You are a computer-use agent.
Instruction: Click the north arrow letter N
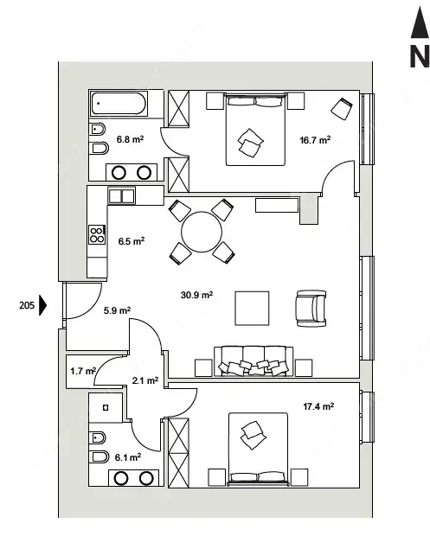click(x=420, y=56)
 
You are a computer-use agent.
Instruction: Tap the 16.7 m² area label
click(x=315, y=140)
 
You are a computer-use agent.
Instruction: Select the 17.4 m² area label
click(x=318, y=406)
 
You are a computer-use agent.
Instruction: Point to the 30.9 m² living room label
click(x=196, y=294)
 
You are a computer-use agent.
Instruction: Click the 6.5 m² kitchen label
click(x=132, y=240)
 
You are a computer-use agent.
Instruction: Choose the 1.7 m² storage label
click(x=83, y=371)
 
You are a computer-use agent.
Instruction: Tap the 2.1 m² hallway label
click(x=145, y=380)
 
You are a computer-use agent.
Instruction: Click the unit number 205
click(x=27, y=305)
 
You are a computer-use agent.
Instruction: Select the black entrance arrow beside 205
click(x=42, y=305)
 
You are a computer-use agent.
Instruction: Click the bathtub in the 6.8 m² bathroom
click(x=119, y=104)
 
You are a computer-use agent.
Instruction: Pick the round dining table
click(x=202, y=232)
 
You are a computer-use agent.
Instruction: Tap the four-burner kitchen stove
click(x=97, y=234)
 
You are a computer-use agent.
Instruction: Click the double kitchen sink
click(x=121, y=196)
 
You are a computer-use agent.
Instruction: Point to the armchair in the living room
click(x=311, y=309)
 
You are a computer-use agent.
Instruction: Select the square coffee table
click(x=252, y=309)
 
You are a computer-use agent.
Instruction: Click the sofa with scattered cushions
click(x=254, y=361)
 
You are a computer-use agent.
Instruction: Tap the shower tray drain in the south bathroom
click(x=106, y=407)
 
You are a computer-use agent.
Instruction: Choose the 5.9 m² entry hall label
click(x=117, y=310)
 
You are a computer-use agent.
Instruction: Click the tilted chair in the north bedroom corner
click(x=342, y=109)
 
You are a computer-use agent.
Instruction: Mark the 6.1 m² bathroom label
click(x=128, y=457)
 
